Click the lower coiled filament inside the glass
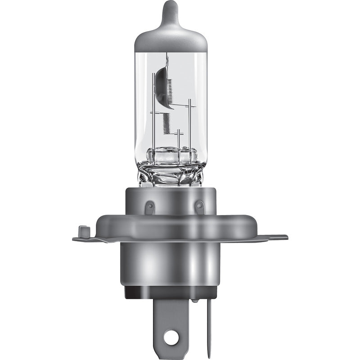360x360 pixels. click(x=166, y=122)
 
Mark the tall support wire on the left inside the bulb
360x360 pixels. click(x=153, y=121)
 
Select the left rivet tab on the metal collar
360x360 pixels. click(x=150, y=207)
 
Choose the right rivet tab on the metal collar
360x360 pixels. click(x=199, y=207)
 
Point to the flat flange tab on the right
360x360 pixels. click(x=274, y=237)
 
